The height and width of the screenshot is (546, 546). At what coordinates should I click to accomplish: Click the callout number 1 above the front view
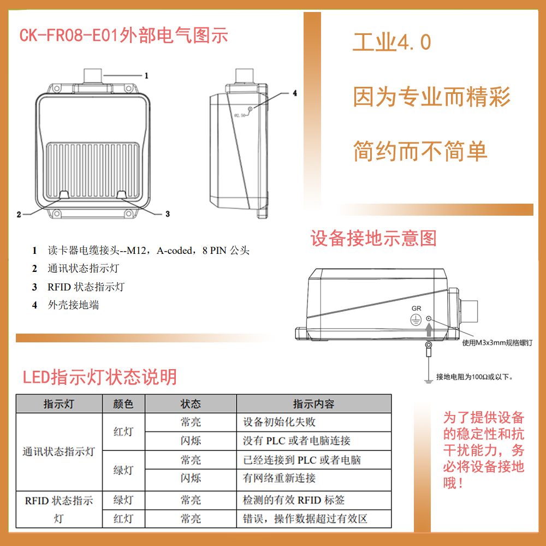[146, 75]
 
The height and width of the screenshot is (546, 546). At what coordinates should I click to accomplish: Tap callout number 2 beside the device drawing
[19, 215]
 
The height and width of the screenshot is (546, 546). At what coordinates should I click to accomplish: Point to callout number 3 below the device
[168, 214]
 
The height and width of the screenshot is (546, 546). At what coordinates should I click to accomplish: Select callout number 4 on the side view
[295, 93]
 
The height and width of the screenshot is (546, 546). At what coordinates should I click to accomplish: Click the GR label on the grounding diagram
[416, 308]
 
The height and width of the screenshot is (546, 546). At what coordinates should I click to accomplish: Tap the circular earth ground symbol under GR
[416, 319]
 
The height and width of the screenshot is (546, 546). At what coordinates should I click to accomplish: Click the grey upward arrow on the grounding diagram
[429, 329]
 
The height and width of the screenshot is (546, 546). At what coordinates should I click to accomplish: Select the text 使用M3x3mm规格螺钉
[497, 343]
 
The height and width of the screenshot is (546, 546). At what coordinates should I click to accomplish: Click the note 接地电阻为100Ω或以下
[474, 377]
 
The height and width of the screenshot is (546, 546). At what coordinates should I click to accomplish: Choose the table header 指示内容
[313, 404]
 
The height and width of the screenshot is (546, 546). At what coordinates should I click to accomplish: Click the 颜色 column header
[123, 404]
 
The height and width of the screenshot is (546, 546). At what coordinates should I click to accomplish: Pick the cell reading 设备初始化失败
[279, 422]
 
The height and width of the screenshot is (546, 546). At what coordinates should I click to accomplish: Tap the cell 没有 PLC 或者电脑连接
[296, 441]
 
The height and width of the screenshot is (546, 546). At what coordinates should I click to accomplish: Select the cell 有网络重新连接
[279, 478]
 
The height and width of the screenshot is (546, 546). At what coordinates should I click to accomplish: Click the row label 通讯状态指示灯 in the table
[58, 452]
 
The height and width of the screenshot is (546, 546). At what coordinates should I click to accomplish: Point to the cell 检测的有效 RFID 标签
[294, 500]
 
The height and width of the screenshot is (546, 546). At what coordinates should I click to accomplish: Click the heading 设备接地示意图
[373, 239]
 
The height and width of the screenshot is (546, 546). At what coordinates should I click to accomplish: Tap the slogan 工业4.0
[392, 42]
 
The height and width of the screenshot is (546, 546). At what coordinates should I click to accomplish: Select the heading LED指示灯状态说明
[100, 377]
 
